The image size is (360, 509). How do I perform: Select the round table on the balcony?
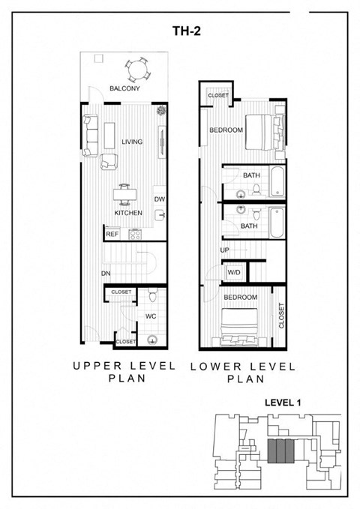[136, 70]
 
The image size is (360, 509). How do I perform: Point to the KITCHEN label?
[128, 213]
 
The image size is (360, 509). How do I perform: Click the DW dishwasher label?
[159, 199]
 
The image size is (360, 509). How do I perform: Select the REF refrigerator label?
[112, 235]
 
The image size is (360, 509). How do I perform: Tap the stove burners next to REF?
[136, 234]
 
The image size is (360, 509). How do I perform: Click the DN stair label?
[106, 274]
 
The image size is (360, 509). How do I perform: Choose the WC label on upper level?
[150, 316]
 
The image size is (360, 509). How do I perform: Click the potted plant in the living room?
[160, 112]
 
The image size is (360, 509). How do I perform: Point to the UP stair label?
[224, 250]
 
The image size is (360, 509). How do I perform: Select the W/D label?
[234, 273]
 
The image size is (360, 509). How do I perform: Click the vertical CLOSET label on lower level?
[281, 317]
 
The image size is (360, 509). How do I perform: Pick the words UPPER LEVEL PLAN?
[124, 372]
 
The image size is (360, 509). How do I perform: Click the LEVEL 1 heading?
[283, 403]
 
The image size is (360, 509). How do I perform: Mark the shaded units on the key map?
[280, 452]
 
